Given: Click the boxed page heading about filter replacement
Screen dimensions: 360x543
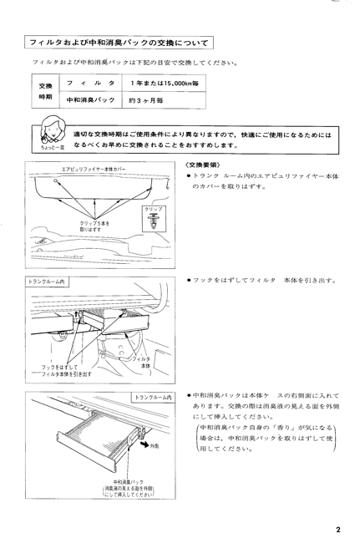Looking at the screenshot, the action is click(119, 43).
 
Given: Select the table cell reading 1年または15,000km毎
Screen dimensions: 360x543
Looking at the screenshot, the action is click(164, 83).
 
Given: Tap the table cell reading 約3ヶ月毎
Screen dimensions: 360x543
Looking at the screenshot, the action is click(164, 100).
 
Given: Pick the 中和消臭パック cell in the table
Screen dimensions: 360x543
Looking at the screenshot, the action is click(91, 100).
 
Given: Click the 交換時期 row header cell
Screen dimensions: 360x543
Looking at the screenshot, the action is click(45, 91).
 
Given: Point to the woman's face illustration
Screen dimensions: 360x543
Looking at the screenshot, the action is click(53, 129).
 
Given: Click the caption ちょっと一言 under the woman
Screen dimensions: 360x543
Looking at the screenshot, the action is click(53, 148).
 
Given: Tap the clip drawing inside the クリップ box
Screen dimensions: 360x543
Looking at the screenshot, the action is click(153, 221).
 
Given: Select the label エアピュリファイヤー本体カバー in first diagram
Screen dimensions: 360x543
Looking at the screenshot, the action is click(94, 169).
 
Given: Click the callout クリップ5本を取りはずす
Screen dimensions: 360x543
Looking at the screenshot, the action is click(94, 226).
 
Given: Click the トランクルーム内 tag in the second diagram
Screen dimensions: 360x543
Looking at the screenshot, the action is click(47, 282).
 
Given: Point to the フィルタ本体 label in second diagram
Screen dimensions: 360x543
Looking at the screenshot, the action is click(143, 363).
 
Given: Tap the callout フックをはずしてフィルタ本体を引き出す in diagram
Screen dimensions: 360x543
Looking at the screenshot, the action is click(66, 371).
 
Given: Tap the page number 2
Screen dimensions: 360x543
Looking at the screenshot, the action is click(338, 530).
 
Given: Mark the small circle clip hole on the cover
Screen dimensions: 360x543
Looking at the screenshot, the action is click(55, 180).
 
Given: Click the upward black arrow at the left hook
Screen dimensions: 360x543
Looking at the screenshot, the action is click(77, 314).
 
